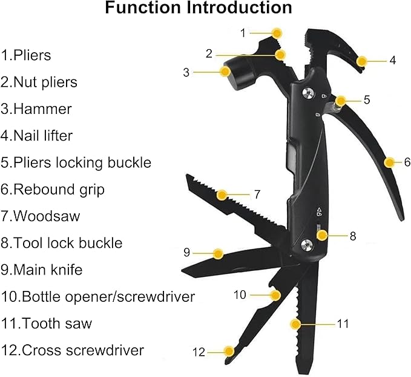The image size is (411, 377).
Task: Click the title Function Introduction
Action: [198, 9]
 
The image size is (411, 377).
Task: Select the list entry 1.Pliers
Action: [26, 56]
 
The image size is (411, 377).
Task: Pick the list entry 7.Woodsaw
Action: [41, 216]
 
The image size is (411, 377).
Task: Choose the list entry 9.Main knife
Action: [42, 269]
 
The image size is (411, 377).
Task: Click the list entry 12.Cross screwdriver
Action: [72, 350]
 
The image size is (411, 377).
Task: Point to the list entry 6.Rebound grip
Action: [53, 189]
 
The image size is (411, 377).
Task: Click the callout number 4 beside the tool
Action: [392, 60]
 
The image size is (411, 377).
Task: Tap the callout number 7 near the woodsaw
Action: [257, 195]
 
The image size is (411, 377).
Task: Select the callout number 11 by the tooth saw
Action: [343, 324]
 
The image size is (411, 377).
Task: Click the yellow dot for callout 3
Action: [226, 72]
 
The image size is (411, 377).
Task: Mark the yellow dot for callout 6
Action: [390, 162]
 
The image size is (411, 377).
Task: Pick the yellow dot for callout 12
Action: [229, 351]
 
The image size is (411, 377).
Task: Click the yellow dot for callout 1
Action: [277, 33]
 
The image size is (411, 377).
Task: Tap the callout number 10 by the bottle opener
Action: [240, 295]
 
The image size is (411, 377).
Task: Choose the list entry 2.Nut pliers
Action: [39, 82]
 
